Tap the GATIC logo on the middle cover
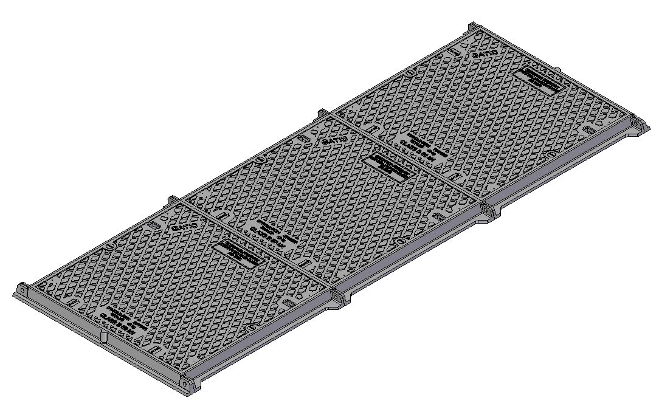point(334,140)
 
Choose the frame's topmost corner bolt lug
point(474,27)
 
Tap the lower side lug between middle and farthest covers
point(490,210)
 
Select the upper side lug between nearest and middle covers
point(172,199)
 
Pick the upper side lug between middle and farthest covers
point(322,113)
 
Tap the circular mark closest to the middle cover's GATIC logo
point(261,159)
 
